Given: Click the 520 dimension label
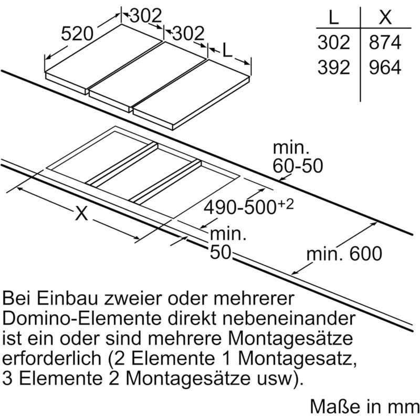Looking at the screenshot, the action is pyautogui.click(x=77, y=34).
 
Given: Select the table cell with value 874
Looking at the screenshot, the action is pyautogui.click(x=385, y=43).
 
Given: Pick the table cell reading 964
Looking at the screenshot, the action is pyautogui.click(x=385, y=67).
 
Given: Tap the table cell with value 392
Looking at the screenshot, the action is pyautogui.click(x=334, y=67).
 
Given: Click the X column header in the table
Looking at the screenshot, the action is pyautogui.click(x=385, y=17).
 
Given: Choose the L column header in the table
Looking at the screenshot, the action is pyautogui.click(x=333, y=18).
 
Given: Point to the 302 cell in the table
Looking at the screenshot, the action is pyautogui.click(x=334, y=43).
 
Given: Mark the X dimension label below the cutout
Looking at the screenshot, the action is pyautogui.click(x=81, y=213).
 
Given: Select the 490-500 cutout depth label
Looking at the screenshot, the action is pyautogui.click(x=240, y=207).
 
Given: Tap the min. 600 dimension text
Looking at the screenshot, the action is pyautogui.click(x=344, y=254).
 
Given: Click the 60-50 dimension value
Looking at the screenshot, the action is pyautogui.click(x=298, y=166).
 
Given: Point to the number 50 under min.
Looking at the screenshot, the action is pyautogui.click(x=220, y=252).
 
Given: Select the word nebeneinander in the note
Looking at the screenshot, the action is pyautogui.click(x=288, y=318).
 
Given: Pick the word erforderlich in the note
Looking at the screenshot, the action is pyautogui.click(x=51, y=358).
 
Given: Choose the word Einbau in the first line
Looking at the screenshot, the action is pyautogui.click(x=67, y=298).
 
